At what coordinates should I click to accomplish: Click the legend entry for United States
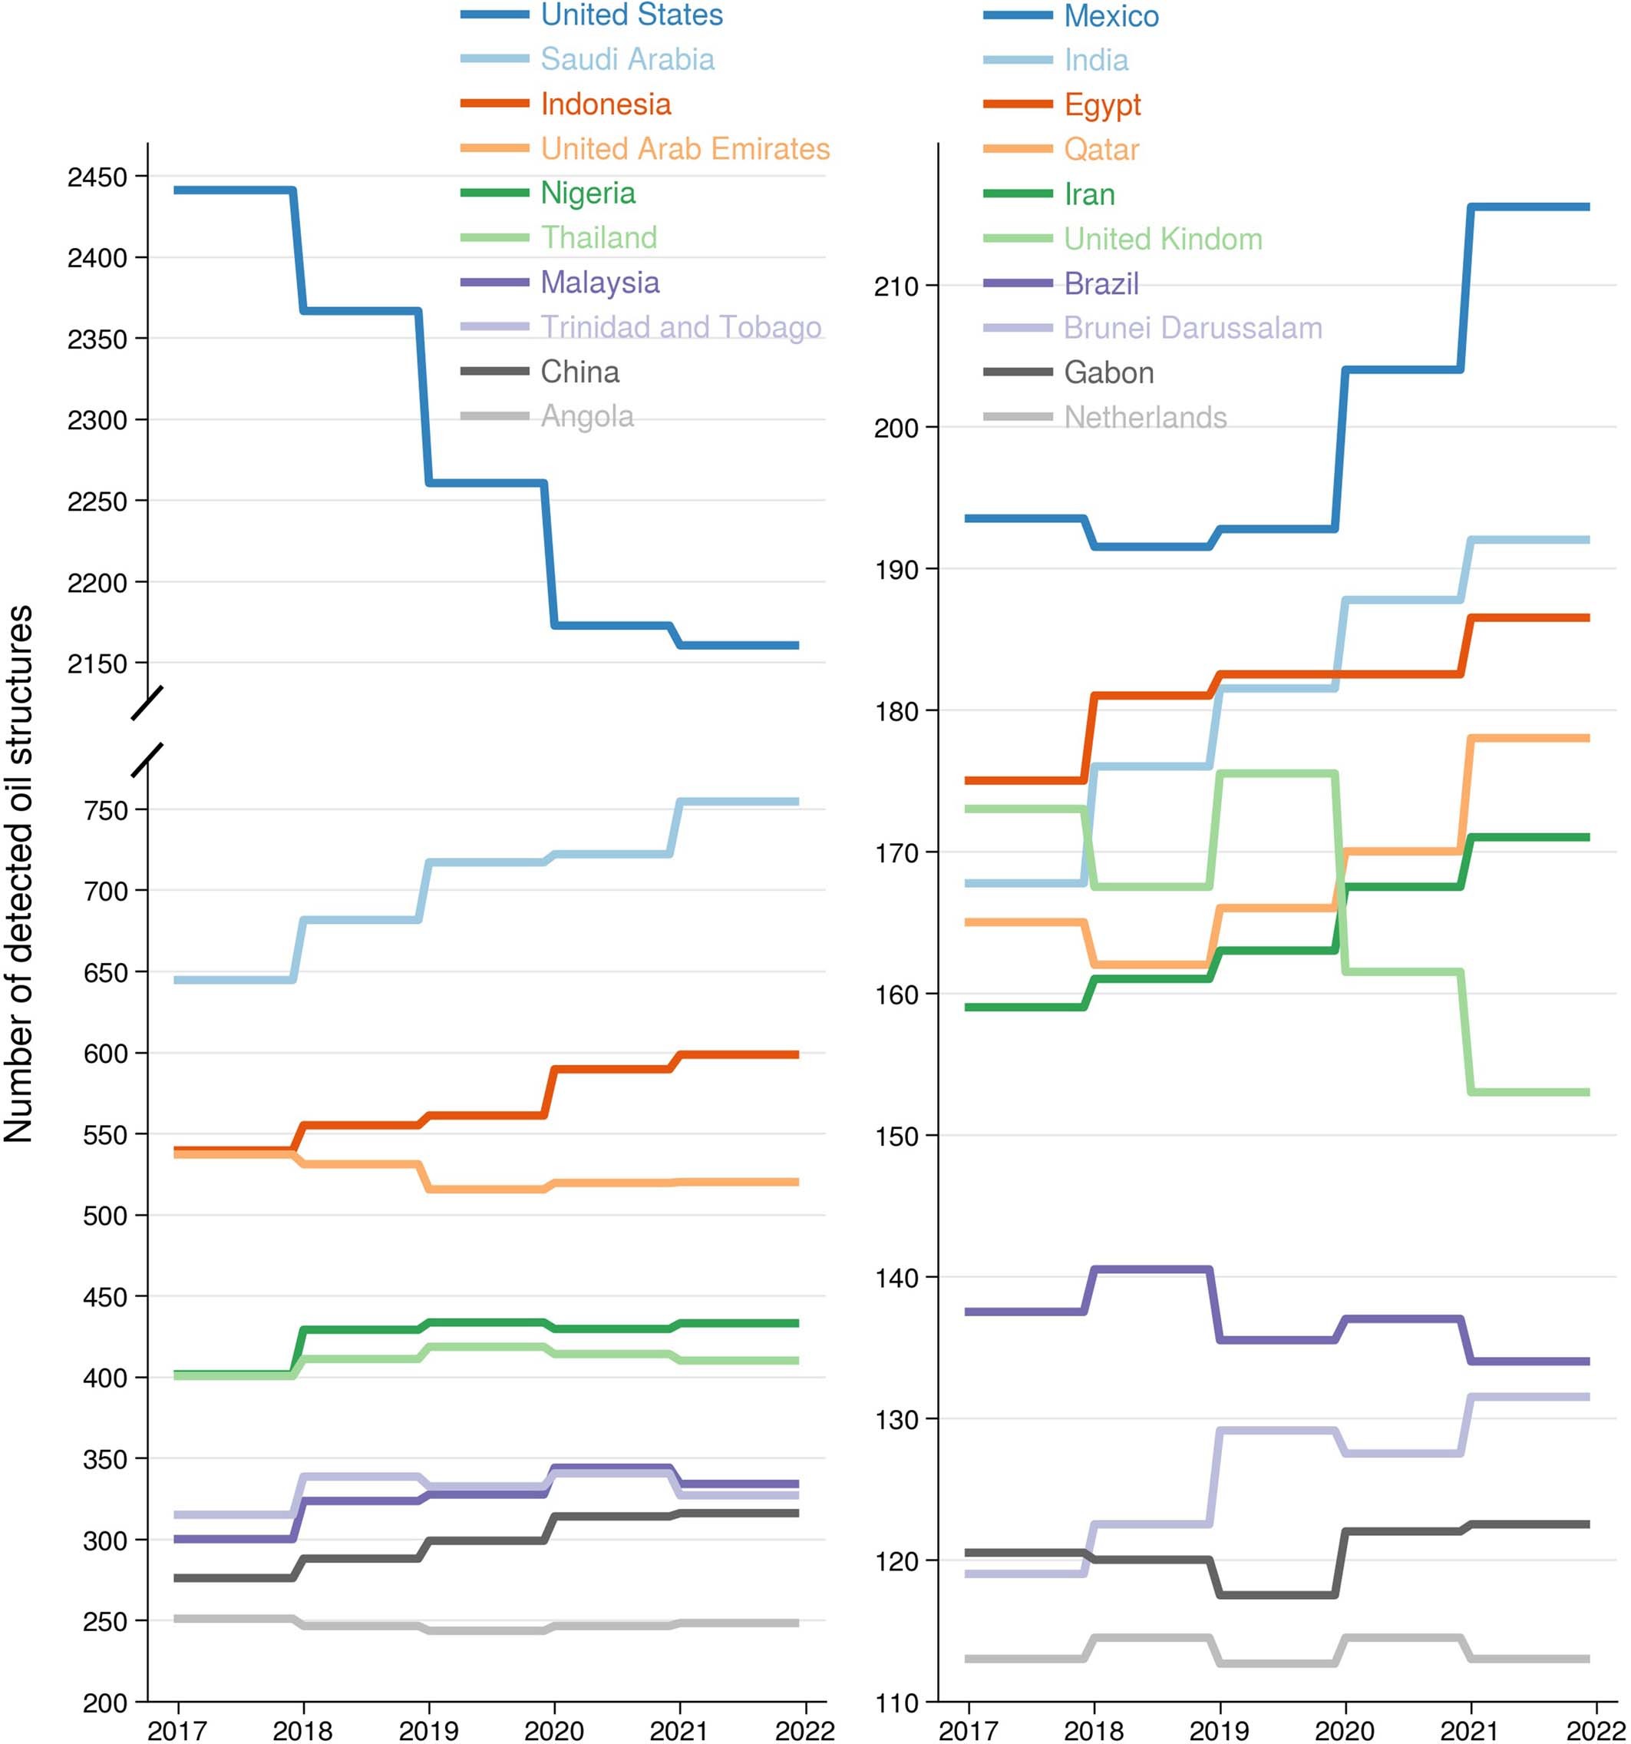coord(632,15)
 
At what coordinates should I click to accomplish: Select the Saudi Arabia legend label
coord(627,60)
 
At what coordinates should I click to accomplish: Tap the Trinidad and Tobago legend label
coord(681,327)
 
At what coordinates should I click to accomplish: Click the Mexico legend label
coord(1111,16)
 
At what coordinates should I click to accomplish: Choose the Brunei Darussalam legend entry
coord(1193,328)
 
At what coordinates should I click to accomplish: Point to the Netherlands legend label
coord(1145,418)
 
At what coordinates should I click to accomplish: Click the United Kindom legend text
coord(1163,239)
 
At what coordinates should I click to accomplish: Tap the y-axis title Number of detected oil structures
coord(19,874)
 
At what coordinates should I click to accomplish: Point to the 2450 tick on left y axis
coord(97,177)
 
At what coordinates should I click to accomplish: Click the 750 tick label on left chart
coord(105,811)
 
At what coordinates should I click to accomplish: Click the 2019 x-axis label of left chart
coord(428,1730)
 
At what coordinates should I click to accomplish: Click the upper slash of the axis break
coord(147,704)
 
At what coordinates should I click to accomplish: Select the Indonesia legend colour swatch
coord(494,104)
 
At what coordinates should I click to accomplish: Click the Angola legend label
coord(586,417)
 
